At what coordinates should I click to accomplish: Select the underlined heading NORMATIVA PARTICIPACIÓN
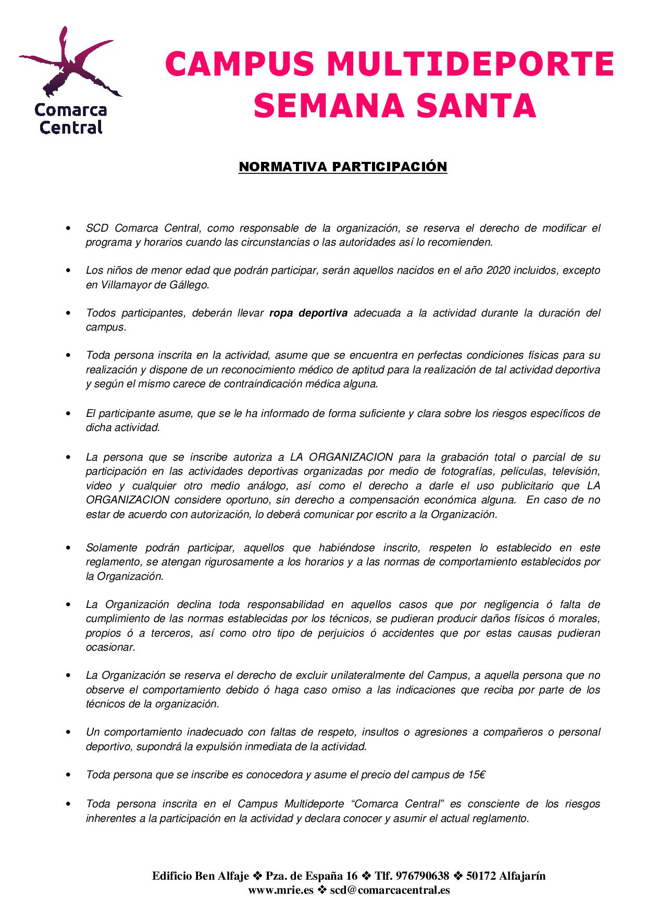click(343, 167)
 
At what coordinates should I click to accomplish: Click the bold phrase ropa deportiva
click(308, 313)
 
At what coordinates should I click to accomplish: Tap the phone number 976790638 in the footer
click(428, 876)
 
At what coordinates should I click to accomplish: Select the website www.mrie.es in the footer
click(281, 890)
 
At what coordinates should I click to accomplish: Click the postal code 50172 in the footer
click(481, 876)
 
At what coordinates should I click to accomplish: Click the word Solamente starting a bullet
click(111, 548)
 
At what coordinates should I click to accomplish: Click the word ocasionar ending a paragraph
click(110, 648)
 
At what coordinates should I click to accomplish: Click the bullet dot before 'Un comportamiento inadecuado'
click(68, 732)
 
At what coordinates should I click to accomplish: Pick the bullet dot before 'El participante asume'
click(68, 414)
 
